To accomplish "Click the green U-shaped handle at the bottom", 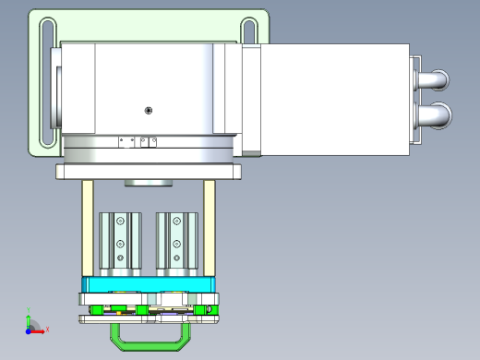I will [x=148, y=343].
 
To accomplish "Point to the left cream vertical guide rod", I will [x=88, y=231].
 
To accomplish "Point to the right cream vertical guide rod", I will [x=210, y=231].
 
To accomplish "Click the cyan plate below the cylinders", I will [x=148, y=283].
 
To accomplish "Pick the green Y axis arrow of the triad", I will [x=29, y=317].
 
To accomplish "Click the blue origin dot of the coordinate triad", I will [x=28, y=329].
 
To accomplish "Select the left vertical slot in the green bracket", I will [x=43, y=83].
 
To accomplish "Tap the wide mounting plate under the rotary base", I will [x=148, y=172].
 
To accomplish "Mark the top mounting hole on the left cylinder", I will [x=120, y=222].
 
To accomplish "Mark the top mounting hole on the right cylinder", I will [x=176, y=222].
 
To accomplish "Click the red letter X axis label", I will [x=47, y=329].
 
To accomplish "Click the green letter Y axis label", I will [x=30, y=309].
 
